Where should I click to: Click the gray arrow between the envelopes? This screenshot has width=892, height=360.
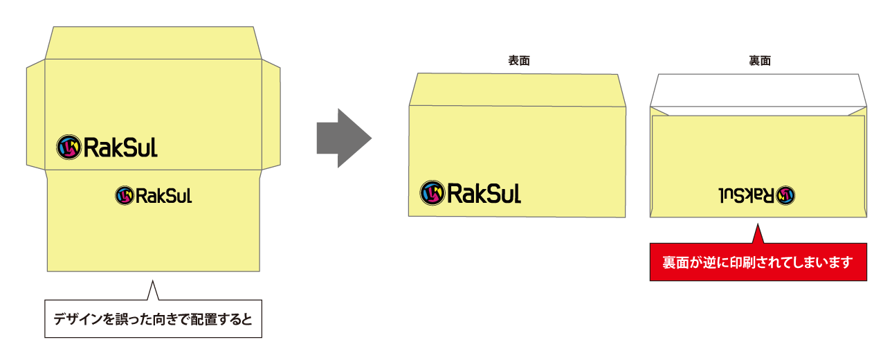(x=343, y=138)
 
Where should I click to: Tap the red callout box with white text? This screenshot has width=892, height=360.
(x=758, y=262)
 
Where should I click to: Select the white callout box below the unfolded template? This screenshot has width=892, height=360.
(x=153, y=319)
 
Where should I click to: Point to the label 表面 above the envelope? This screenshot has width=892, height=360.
(x=518, y=60)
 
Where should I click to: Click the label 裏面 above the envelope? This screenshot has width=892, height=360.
(x=759, y=60)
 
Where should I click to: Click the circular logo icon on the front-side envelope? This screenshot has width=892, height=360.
(x=433, y=192)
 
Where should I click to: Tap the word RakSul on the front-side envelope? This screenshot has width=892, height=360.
(x=484, y=192)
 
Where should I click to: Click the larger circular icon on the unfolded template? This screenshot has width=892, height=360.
(x=69, y=146)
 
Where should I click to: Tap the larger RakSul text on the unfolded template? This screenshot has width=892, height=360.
(x=120, y=147)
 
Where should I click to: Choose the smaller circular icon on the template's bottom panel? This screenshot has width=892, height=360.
(x=125, y=195)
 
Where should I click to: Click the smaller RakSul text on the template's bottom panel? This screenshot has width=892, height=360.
(x=164, y=196)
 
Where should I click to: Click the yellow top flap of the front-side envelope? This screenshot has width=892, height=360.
(x=517, y=89)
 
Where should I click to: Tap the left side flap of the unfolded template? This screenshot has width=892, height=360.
(x=35, y=114)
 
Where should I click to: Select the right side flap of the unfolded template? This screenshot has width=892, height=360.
(x=271, y=114)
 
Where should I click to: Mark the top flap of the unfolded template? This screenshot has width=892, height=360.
(x=153, y=43)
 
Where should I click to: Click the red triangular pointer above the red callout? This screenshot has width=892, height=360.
(x=757, y=235)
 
